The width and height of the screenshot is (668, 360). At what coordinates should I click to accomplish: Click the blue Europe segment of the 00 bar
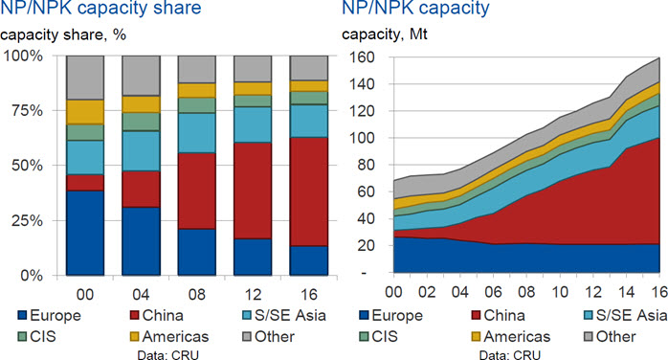click(x=85, y=233)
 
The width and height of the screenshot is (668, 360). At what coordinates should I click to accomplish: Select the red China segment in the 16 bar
click(x=309, y=191)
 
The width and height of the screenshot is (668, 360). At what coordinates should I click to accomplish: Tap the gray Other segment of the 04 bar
click(x=141, y=76)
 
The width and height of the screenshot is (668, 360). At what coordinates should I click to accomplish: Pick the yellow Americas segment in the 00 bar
click(x=85, y=112)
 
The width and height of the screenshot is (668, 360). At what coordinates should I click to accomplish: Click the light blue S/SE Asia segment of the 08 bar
click(x=197, y=133)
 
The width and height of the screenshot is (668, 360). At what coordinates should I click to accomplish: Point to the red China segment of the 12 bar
click(x=253, y=191)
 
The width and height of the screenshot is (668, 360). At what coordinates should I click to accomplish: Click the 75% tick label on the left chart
click(x=26, y=111)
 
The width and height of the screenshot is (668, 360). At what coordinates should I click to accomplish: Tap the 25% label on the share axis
click(x=26, y=220)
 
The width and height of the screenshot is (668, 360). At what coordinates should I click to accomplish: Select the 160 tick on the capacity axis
click(x=362, y=57)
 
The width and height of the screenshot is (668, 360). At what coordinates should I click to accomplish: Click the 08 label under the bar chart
click(x=197, y=294)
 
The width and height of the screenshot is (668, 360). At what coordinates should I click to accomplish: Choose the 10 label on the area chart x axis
click(x=560, y=292)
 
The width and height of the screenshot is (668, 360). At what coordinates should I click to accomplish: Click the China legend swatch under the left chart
click(x=135, y=316)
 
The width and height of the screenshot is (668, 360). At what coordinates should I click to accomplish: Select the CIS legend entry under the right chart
click(x=378, y=337)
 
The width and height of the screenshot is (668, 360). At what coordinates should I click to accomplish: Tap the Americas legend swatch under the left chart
click(x=135, y=337)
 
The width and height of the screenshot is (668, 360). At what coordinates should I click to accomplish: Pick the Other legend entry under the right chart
click(x=610, y=337)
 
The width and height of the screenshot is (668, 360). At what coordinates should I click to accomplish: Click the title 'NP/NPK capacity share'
click(x=100, y=8)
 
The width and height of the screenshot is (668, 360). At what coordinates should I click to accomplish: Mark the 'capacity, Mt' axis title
click(x=385, y=34)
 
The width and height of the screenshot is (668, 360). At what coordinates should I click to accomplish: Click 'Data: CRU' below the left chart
click(x=167, y=354)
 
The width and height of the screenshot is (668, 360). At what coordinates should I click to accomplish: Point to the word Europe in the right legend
click(x=397, y=315)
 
